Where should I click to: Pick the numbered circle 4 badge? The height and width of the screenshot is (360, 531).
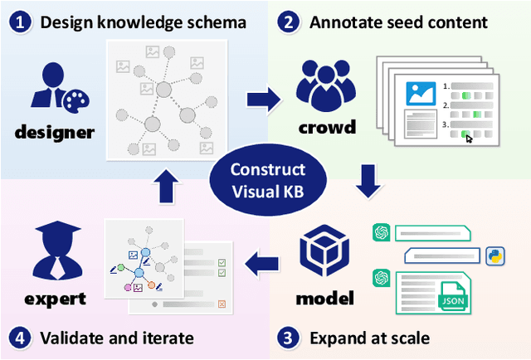19,338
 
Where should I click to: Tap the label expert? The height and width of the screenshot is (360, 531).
54,298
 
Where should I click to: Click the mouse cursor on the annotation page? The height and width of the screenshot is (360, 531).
470,138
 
